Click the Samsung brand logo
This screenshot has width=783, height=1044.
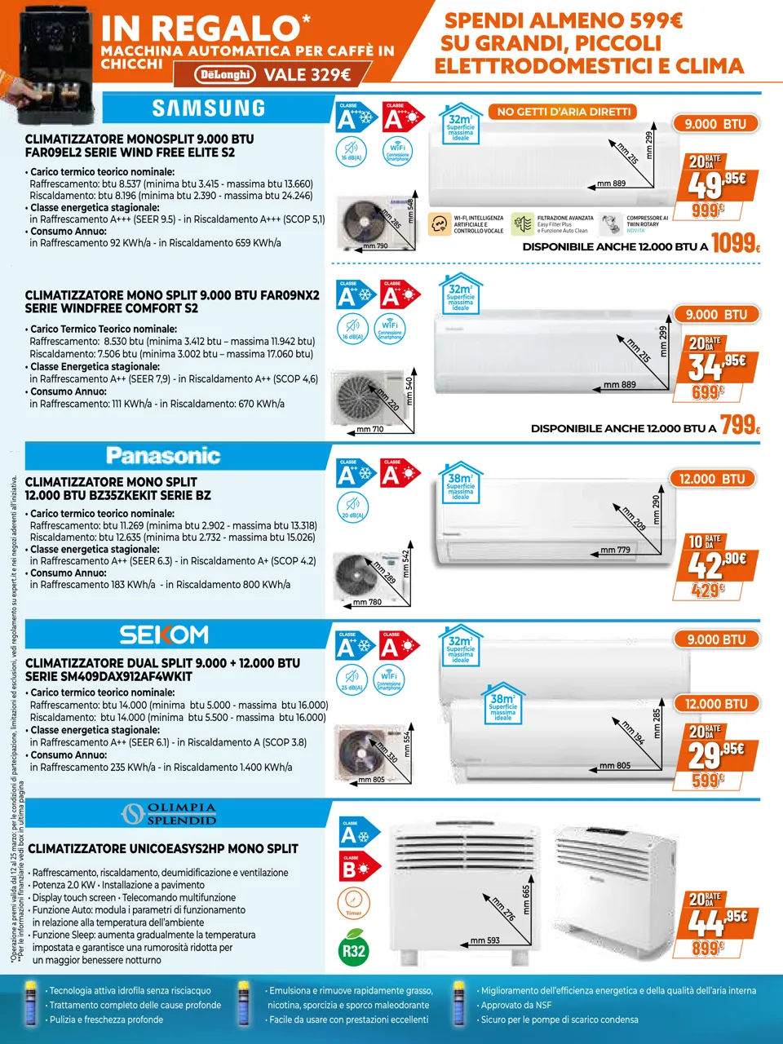tap(209, 108)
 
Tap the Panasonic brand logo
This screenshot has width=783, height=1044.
tap(163, 455)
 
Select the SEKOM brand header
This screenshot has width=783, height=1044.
tap(164, 635)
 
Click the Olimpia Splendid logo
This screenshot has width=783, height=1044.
tap(169, 814)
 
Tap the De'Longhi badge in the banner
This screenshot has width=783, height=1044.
tap(225, 75)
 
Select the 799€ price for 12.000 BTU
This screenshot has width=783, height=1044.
tap(740, 425)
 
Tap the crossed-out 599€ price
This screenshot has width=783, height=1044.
tap(707, 780)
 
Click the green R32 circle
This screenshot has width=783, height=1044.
tap(353, 951)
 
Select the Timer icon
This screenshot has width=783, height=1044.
tap(353, 903)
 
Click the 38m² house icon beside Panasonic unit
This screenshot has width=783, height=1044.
tap(460, 483)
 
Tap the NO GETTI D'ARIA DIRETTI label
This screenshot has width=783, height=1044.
tap(564, 112)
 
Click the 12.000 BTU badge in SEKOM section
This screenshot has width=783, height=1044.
tap(715, 704)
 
